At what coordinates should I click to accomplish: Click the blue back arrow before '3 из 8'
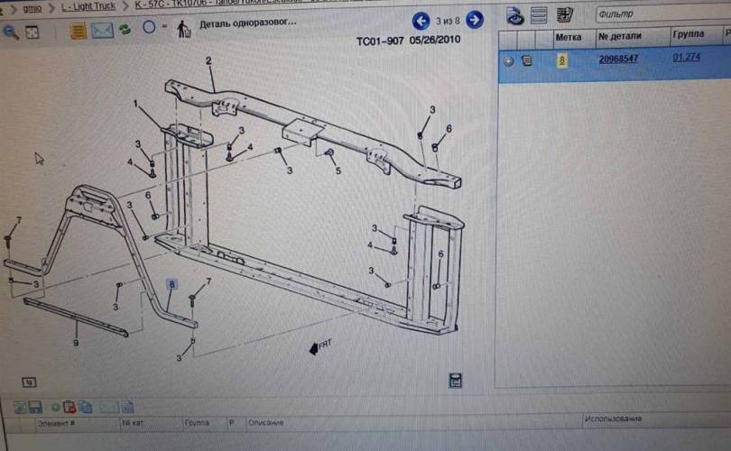[x=421, y=20]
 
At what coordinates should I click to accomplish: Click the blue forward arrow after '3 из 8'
[x=474, y=20]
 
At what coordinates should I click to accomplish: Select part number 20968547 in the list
[x=618, y=60]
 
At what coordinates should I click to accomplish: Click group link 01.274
[x=686, y=58]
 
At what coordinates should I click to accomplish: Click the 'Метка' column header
[x=568, y=38]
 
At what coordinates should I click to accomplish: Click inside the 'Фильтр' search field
[x=659, y=14]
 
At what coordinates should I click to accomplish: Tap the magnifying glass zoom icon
[x=11, y=32]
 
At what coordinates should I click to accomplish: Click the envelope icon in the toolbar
[x=102, y=31]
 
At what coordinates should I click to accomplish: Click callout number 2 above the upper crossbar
[x=208, y=61]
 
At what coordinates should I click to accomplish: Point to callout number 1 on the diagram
[x=136, y=104]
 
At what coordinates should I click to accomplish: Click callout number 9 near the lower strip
[x=76, y=343]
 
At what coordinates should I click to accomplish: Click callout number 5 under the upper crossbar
[x=338, y=170]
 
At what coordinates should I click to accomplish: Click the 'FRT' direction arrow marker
[x=319, y=345]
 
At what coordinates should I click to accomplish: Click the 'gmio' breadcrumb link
[x=32, y=6]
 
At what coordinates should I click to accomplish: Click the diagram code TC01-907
[x=379, y=41]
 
